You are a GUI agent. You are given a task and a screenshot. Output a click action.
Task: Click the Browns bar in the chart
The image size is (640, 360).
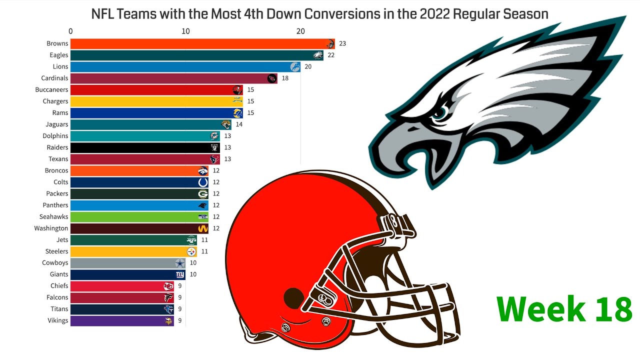click(x=200, y=43)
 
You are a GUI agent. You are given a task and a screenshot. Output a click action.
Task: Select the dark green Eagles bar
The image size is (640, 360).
click(x=195, y=55)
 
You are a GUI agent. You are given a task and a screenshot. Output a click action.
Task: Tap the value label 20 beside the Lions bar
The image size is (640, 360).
click(x=308, y=67)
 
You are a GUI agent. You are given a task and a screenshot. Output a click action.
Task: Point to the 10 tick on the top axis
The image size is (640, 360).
click(x=185, y=31)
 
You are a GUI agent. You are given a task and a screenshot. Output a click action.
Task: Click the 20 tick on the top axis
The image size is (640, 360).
click(x=300, y=31)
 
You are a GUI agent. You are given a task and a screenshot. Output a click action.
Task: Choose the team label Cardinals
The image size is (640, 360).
click(x=54, y=78)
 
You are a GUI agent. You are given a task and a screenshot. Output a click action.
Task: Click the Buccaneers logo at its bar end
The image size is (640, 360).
click(x=237, y=90)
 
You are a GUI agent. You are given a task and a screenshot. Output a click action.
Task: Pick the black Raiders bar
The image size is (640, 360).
click(x=140, y=147)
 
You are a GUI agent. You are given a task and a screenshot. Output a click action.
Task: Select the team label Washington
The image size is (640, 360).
click(x=51, y=228)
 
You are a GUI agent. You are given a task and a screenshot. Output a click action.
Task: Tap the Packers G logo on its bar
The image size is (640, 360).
click(x=202, y=194)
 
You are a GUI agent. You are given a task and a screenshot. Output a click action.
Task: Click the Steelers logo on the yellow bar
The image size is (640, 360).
click(x=191, y=251)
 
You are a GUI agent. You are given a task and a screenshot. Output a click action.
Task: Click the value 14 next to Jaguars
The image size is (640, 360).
click(x=239, y=124)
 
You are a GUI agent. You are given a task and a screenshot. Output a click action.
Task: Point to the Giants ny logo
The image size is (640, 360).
click(x=180, y=274)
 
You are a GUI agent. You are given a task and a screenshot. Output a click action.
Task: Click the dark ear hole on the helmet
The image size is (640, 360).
click(x=294, y=298)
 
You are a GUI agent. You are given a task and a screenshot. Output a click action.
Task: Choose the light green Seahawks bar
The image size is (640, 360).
click(x=135, y=217)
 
